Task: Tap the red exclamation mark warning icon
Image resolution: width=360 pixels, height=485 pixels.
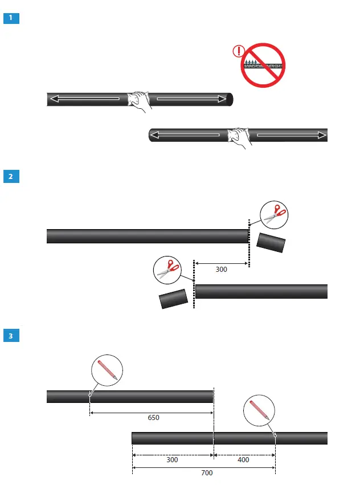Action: [239, 52]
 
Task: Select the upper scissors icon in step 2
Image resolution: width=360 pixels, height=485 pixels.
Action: [274, 215]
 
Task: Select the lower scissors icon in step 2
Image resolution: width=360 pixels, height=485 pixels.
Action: [168, 270]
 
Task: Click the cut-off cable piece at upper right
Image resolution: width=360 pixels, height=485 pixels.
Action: [271, 242]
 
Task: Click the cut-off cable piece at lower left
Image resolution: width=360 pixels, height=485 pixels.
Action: [174, 299]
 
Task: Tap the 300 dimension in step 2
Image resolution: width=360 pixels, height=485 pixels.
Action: [222, 270]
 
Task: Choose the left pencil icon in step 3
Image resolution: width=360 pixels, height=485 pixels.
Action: [107, 369]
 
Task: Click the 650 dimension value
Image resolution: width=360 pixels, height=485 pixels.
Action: [153, 417]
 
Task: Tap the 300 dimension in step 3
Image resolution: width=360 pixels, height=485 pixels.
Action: [173, 459]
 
